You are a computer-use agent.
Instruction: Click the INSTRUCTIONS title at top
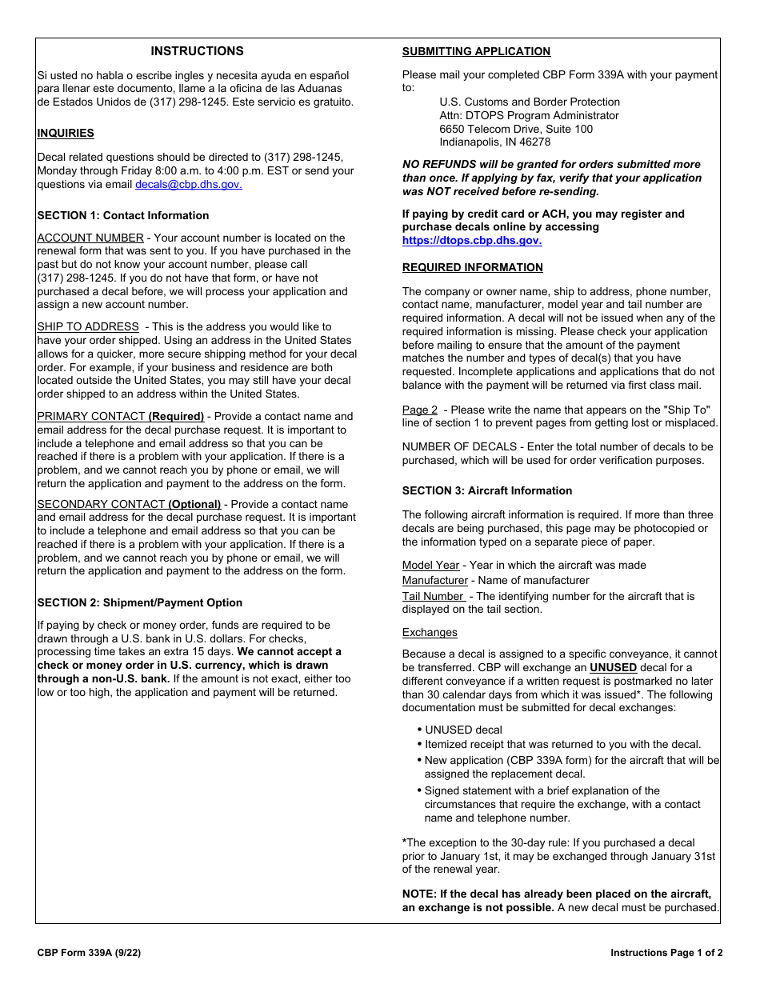tap(197, 51)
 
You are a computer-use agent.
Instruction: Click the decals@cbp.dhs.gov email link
tap(188, 184)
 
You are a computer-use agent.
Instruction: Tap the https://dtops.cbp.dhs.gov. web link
tap(471, 240)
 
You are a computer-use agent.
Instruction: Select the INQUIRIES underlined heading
tap(66, 134)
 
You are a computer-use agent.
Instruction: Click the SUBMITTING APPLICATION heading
tap(476, 52)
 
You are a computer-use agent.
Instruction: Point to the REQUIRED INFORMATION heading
tap(472, 267)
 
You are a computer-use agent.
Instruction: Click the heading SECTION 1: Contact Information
tap(123, 215)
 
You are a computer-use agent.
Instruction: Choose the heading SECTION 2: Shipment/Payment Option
tap(140, 602)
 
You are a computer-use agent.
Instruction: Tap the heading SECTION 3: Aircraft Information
tap(487, 490)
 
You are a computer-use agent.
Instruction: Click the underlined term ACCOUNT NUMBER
tap(90, 238)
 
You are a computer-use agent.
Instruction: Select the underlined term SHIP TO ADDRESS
tap(88, 326)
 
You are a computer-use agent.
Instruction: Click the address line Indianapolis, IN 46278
tap(494, 142)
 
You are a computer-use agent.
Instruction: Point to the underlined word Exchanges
tap(430, 632)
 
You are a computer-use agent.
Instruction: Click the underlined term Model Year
tap(430, 565)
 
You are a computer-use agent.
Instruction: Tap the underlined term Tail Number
tap(433, 596)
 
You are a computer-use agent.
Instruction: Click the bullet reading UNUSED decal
tap(463, 730)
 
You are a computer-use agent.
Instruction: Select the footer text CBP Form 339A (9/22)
tap(89, 953)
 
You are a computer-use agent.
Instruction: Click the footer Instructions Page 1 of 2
tap(666, 953)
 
